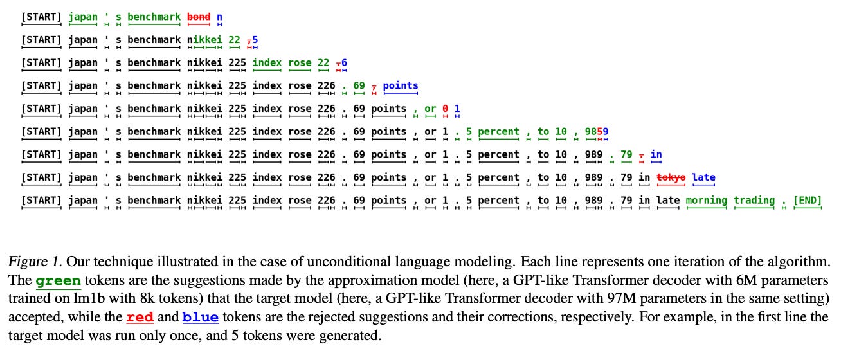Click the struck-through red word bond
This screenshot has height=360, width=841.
199,17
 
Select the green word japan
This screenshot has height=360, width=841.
83,17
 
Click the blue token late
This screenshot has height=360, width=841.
704,177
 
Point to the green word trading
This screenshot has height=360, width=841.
754,201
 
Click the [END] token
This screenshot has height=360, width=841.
808,201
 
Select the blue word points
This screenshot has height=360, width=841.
401,85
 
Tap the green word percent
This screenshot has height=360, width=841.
498,132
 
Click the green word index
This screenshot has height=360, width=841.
267,63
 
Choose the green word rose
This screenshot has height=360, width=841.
300,63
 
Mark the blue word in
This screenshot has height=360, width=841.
656,155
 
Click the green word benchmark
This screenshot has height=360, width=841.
154,17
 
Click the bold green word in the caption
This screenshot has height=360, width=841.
59,282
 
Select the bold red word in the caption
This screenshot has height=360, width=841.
140,317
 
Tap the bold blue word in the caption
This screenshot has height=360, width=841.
200,317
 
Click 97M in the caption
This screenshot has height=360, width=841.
589,299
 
